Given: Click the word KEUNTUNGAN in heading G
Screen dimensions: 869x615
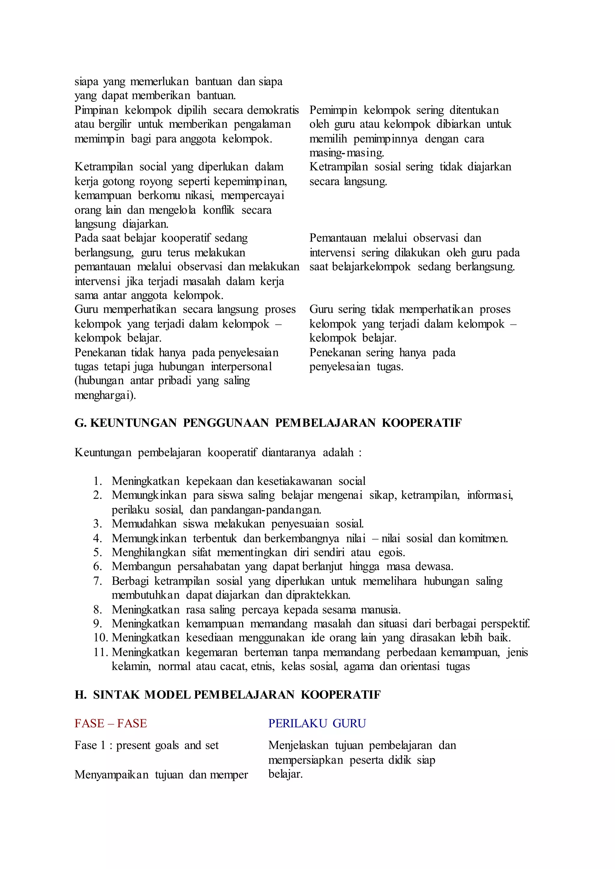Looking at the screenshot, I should point(133,423).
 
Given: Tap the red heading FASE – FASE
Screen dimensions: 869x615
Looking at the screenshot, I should point(111,723).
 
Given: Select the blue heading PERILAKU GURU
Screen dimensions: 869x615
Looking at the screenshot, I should point(317,723).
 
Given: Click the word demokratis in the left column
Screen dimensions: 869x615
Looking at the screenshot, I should point(273,110).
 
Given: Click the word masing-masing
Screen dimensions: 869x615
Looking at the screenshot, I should point(347,153).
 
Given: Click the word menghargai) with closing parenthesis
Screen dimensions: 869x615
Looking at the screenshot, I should point(105,395).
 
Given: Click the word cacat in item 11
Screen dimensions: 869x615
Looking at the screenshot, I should point(235,666).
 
